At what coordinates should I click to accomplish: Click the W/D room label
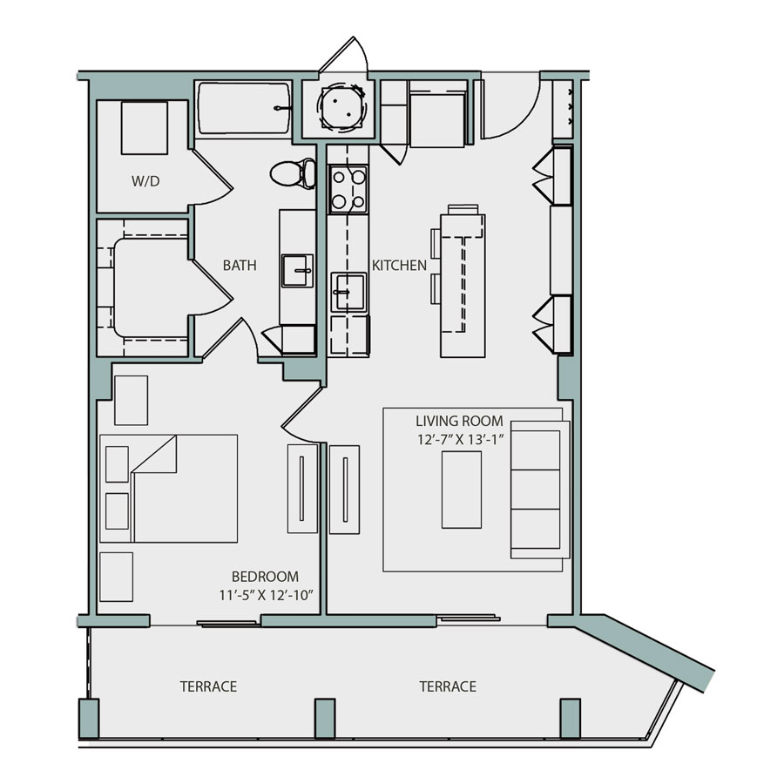[x=146, y=182]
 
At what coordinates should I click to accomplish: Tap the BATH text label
[x=239, y=265]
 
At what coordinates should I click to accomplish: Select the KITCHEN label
[x=400, y=265]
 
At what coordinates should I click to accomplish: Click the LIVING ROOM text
[x=459, y=422]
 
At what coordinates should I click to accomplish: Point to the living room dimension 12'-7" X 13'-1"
[x=461, y=440]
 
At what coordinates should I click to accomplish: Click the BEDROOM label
[x=265, y=577]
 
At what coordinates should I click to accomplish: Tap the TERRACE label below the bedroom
[x=208, y=686]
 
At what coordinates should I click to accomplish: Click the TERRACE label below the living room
[x=448, y=686]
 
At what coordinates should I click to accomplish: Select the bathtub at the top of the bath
[x=243, y=109]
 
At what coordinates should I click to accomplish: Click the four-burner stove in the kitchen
[x=348, y=191]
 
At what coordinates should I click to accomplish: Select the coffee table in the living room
[x=461, y=490]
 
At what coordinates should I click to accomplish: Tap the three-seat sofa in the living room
[x=536, y=490]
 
